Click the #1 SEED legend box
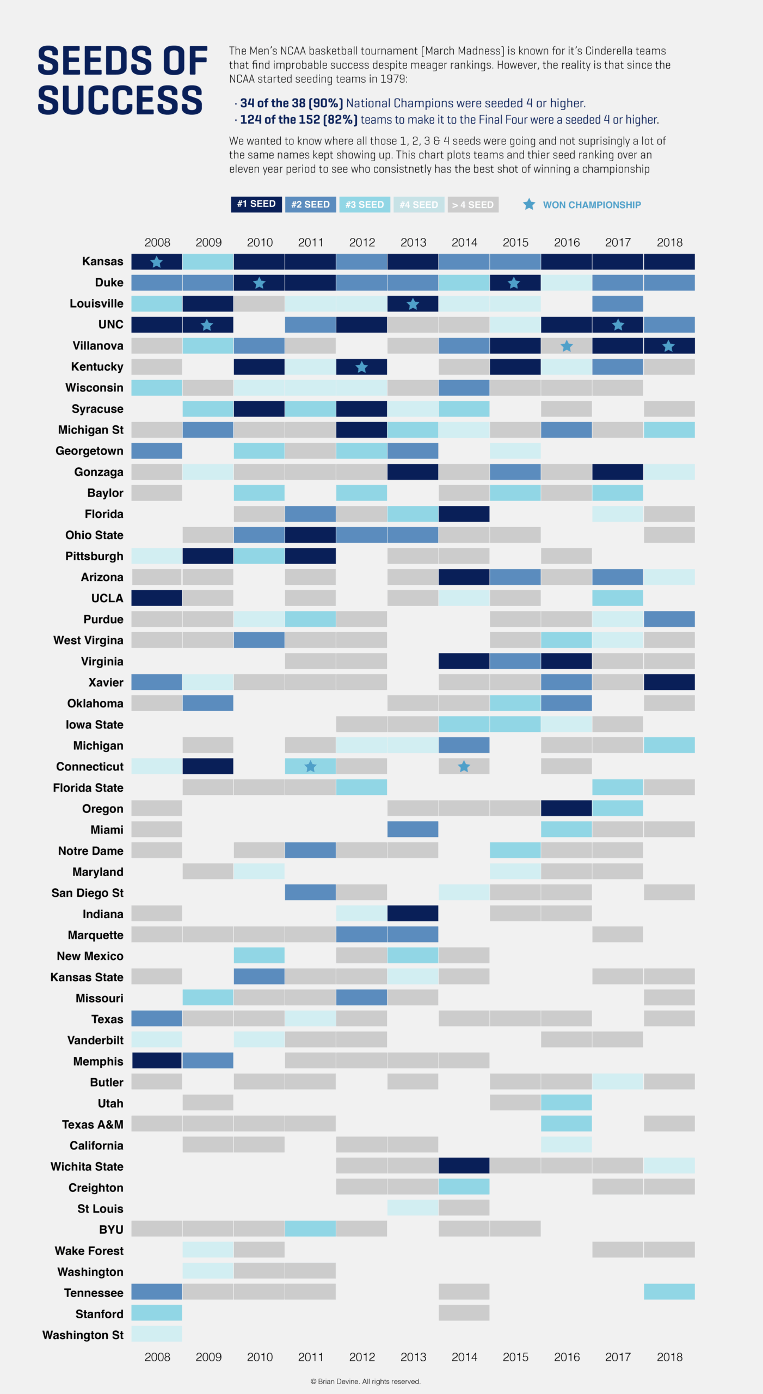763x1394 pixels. (256, 204)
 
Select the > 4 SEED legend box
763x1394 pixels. (472, 205)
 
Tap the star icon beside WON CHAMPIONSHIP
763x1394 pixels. (528, 204)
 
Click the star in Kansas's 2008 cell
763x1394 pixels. (156, 262)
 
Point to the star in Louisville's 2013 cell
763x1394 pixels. (413, 304)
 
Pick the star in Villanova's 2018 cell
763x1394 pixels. (668, 346)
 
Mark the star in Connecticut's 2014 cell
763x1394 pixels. (464, 767)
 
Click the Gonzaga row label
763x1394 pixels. (99, 472)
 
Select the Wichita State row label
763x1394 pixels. (87, 1166)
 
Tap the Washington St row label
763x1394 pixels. (83, 1335)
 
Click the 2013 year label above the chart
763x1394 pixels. (413, 242)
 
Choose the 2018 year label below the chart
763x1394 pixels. (669, 1356)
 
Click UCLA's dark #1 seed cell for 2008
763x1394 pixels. (157, 598)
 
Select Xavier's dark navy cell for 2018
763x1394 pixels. (669, 682)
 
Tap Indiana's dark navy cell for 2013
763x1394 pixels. (413, 913)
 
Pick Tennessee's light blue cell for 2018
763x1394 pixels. (669, 1292)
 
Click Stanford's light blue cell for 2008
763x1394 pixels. (157, 1313)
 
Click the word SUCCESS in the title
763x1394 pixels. (120, 100)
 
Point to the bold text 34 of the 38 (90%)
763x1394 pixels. (291, 103)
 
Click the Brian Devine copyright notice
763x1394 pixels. (365, 1381)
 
